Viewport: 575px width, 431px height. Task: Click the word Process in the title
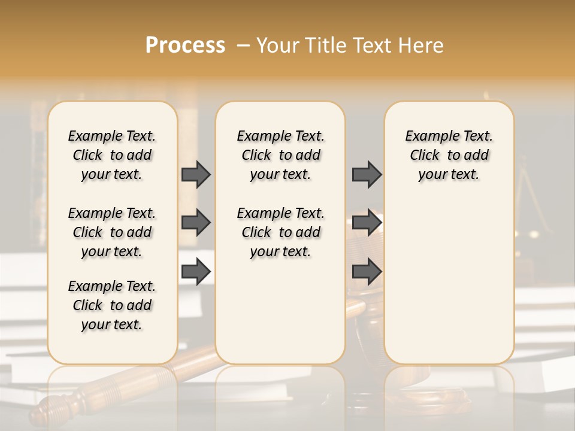[185, 45]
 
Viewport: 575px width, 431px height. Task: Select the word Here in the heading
[422, 45]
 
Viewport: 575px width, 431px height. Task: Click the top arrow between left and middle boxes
[196, 174]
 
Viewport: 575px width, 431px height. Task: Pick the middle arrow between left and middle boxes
[196, 223]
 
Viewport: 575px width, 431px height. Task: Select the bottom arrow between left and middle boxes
[196, 272]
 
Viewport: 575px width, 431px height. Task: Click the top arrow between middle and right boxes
[367, 174]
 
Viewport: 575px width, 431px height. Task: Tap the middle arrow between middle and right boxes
[367, 223]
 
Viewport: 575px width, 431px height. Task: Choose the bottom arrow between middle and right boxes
[367, 272]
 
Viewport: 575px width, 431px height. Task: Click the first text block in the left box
[112, 155]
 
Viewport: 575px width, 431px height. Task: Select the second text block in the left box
[112, 232]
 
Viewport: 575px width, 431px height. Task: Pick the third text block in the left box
[112, 305]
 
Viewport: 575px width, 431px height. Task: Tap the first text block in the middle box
[280, 155]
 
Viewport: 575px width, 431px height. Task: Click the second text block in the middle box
[280, 232]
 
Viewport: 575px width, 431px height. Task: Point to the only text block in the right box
[449, 155]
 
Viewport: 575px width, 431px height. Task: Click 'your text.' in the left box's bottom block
[112, 324]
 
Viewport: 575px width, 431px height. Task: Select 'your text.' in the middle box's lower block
[280, 251]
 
